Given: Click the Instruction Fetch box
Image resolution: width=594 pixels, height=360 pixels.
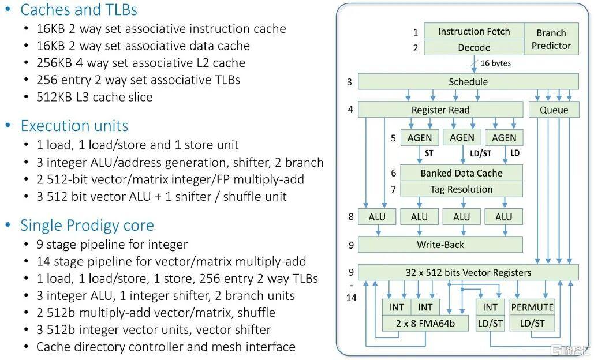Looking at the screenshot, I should (473, 32).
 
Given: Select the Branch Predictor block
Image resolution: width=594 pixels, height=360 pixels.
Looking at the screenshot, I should (551, 39).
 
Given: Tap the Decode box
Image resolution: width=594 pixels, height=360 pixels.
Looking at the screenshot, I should (473, 48).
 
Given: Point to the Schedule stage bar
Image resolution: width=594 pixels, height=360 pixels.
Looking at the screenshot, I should (468, 82).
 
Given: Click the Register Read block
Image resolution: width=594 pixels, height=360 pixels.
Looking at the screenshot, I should (440, 110).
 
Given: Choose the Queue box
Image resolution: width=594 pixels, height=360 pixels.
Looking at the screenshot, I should (554, 110).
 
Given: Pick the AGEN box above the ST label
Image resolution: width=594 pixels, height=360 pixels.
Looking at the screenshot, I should (420, 138).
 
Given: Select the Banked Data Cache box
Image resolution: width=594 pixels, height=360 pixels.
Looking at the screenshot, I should (461, 172).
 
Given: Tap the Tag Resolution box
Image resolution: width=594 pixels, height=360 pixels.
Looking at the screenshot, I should (461, 189).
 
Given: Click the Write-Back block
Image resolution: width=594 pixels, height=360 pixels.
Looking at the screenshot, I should (440, 245).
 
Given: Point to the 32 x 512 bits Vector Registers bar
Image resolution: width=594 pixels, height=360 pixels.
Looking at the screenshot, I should (468, 272).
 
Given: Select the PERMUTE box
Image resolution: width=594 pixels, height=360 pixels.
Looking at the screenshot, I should (532, 307).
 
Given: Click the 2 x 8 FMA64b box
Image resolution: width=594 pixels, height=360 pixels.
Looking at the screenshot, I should (425, 324).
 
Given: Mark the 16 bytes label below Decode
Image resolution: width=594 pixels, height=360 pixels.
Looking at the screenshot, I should (495, 63).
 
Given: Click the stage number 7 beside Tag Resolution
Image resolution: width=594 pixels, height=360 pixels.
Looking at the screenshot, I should (393, 189).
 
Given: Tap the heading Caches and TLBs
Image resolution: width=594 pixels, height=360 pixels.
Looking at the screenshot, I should (79, 10).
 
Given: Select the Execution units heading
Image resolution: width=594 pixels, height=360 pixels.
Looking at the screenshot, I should (74, 126).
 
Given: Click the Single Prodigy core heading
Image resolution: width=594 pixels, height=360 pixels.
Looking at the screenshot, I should (87, 225).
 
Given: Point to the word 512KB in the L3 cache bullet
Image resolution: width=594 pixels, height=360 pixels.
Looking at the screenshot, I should (53, 97).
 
